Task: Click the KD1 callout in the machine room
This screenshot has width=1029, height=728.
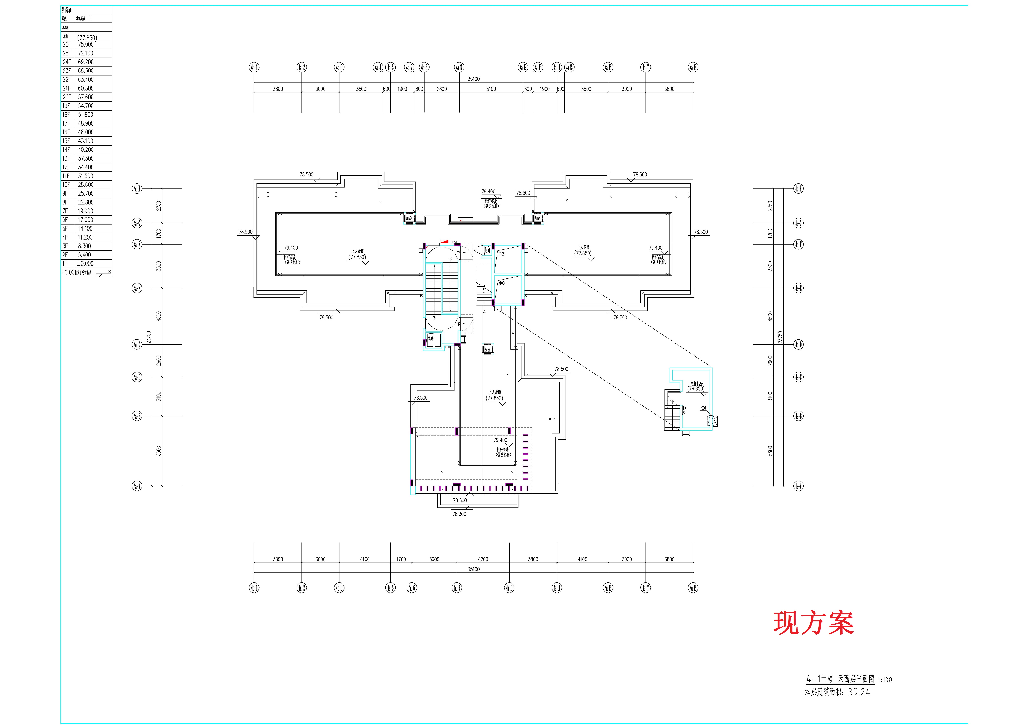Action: tap(703, 408)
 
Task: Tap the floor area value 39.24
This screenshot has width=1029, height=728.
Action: tap(859, 692)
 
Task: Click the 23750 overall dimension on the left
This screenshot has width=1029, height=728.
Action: tap(148, 337)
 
